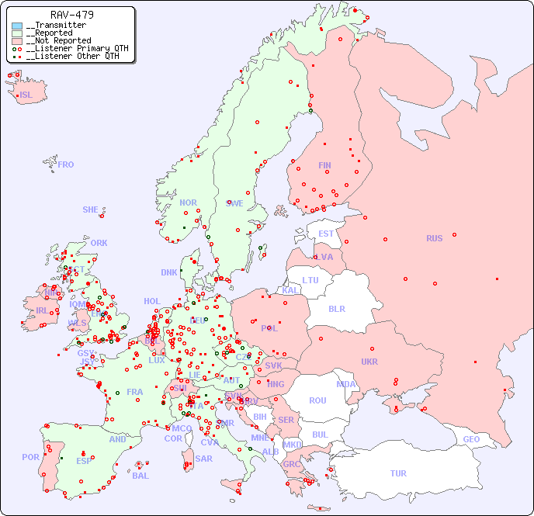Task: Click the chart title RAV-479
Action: (72, 15)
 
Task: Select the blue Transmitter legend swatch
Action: (17, 26)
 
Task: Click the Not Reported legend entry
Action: (58, 40)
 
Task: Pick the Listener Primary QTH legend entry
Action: (71, 48)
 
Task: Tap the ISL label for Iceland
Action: (26, 95)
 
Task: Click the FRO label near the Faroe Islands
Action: (66, 164)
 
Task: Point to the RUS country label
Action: (434, 238)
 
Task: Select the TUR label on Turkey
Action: (398, 473)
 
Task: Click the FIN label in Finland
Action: (324, 165)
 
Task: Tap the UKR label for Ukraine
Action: (369, 362)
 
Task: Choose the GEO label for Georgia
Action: (471, 439)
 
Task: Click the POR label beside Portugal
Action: (30, 457)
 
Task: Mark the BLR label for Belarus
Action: (336, 308)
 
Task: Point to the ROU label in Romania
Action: (317, 400)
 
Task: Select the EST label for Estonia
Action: (326, 234)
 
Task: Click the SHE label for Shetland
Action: (91, 210)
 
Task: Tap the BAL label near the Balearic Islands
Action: (140, 476)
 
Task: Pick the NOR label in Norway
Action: (188, 203)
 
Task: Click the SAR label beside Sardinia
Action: (203, 459)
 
